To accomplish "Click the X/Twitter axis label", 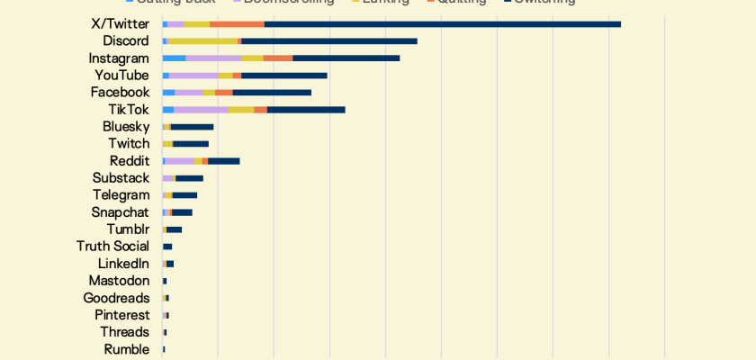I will (120, 23).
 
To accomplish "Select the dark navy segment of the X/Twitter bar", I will (442, 23).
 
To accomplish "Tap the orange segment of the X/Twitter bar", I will (237, 23).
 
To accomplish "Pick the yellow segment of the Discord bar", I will (202, 40).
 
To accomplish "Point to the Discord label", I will (126, 40).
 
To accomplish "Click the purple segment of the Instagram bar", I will (213, 58).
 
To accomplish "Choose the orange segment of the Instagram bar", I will (278, 58).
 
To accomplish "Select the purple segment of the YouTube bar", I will (193, 75).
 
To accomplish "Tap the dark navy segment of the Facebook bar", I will (272, 92).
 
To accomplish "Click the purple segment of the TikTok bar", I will (202, 109).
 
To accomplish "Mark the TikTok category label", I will (129, 109).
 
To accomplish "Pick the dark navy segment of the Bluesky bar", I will (192, 127).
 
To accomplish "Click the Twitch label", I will (129, 144).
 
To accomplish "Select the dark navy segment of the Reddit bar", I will (223, 161).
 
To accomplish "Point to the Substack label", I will (121, 178).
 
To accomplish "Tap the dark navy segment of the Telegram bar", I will (184, 195).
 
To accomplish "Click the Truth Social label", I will (112, 247).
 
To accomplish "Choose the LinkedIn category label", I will (123, 264).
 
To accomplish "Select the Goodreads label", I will (116, 298).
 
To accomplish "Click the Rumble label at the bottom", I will (126, 349).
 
